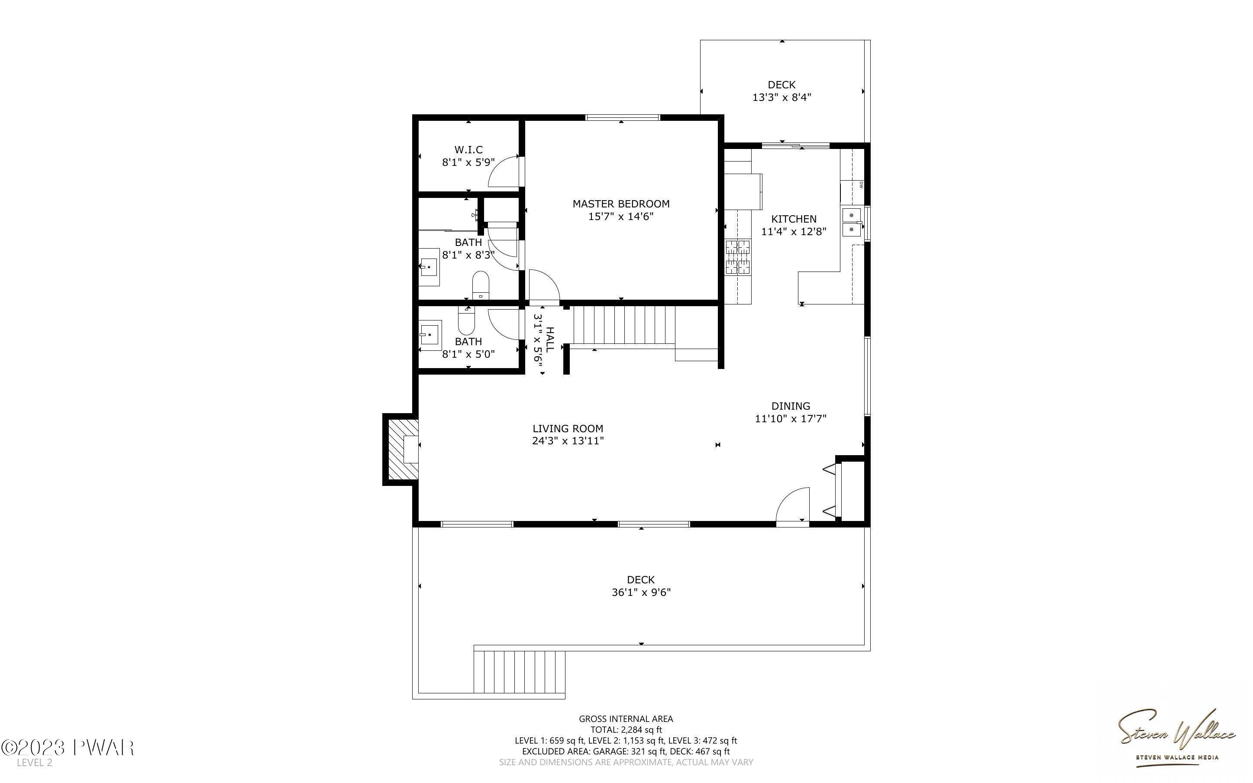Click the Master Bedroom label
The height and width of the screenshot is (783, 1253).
click(x=620, y=204)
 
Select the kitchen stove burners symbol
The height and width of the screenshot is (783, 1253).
click(x=737, y=256)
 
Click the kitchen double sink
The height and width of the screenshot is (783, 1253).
click(x=851, y=222)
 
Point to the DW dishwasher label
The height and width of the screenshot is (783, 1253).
click(x=861, y=184)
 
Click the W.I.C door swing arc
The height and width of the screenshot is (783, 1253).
click(x=503, y=171)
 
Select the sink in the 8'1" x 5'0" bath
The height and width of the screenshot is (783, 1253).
click(x=430, y=334)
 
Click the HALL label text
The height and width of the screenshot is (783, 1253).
click(x=550, y=339)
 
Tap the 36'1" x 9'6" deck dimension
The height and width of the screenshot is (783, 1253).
click(x=641, y=592)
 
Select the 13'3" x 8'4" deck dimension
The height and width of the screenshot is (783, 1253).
click(x=782, y=97)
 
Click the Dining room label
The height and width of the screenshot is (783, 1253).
click(x=790, y=406)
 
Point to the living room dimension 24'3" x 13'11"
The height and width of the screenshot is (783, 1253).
click(x=568, y=441)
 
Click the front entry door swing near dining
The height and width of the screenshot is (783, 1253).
click(x=792, y=505)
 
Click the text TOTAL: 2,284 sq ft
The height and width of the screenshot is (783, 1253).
click(x=626, y=730)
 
